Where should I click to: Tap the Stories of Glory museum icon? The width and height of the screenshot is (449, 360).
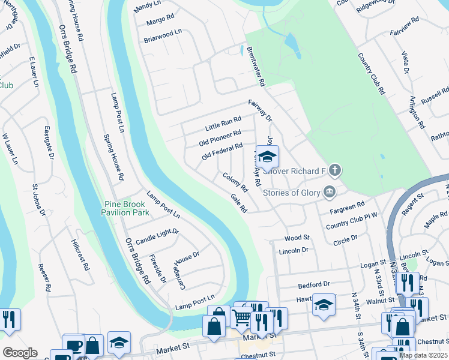(x=330, y=192)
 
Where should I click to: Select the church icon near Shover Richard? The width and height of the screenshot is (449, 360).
(x=335, y=171)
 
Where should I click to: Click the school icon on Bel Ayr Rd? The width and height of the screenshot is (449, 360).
(x=268, y=157)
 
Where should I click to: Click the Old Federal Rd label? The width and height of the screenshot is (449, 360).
(x=222, y=151)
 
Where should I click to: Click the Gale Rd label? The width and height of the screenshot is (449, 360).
(x=239, y=203)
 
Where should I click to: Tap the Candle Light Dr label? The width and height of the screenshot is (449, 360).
(x=158, y=236)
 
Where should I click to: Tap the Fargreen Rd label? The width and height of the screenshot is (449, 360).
(x=347, y=209)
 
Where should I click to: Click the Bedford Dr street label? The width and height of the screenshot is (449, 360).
(x=314, y=284)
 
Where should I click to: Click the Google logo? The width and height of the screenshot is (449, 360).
(x=20, y=353)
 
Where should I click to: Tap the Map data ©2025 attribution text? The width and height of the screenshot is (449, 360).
(x=423, y=355)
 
